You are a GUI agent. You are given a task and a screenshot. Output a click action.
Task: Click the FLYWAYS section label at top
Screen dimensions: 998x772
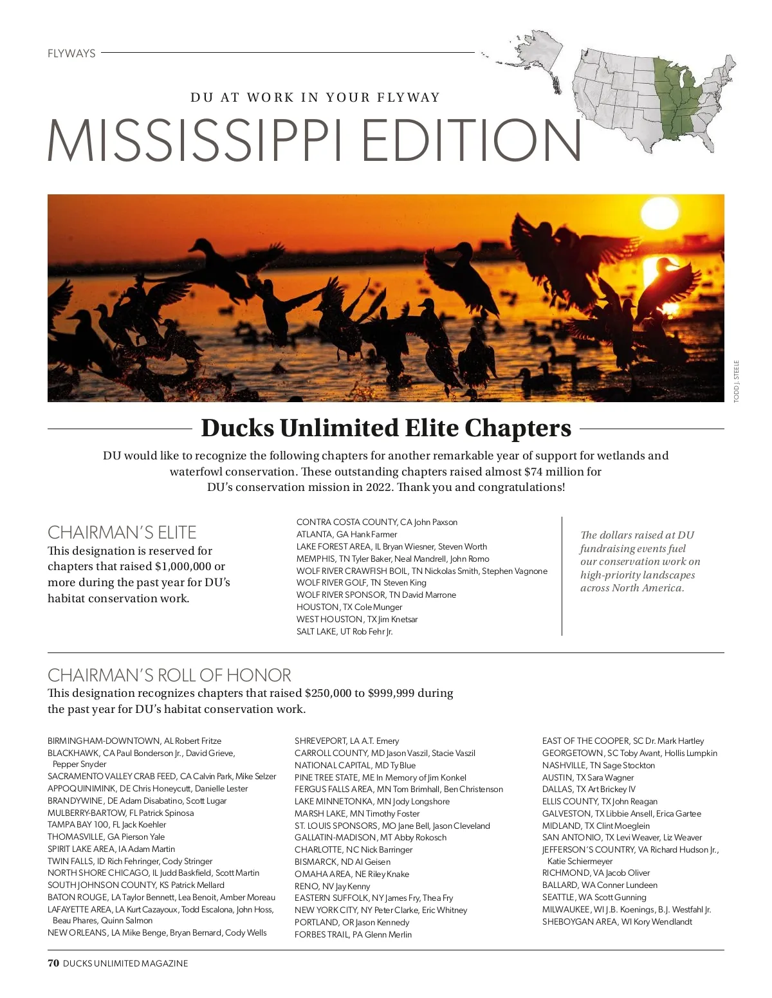[x=71, y=53]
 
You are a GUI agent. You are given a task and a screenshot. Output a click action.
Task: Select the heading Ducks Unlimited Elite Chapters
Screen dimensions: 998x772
[x=386, y=428]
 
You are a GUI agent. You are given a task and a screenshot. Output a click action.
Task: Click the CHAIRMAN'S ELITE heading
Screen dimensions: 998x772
[x=122, y=532]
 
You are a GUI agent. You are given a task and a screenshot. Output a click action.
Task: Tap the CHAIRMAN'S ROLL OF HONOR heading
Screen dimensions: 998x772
[x=169, y=675]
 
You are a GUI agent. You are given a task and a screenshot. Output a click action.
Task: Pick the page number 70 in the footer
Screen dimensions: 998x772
[x=53, y=963]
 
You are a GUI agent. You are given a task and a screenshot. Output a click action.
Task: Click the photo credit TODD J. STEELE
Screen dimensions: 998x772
[x=737, y=381]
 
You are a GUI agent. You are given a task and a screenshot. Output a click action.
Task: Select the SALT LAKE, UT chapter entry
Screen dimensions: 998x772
[x=344, y=631]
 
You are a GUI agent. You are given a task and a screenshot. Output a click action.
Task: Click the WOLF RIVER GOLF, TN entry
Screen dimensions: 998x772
[x=361, y=582]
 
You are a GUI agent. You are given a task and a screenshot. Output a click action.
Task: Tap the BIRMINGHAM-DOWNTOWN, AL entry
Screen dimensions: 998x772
[x=134, y=741]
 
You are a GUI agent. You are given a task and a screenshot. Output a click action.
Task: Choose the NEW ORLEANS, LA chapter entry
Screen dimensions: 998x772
[x=156, y=932]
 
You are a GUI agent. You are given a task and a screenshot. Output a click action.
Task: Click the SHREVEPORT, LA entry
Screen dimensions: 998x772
[x=347, y=741]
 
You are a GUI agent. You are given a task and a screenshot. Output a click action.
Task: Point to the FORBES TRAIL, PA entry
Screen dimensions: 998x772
[x=353, y=934]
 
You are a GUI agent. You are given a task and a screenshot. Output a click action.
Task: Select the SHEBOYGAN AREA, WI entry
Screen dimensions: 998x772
[x=617, y=921]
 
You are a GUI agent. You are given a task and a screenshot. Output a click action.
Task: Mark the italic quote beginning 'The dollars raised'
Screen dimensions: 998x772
[x=639, y=561]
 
